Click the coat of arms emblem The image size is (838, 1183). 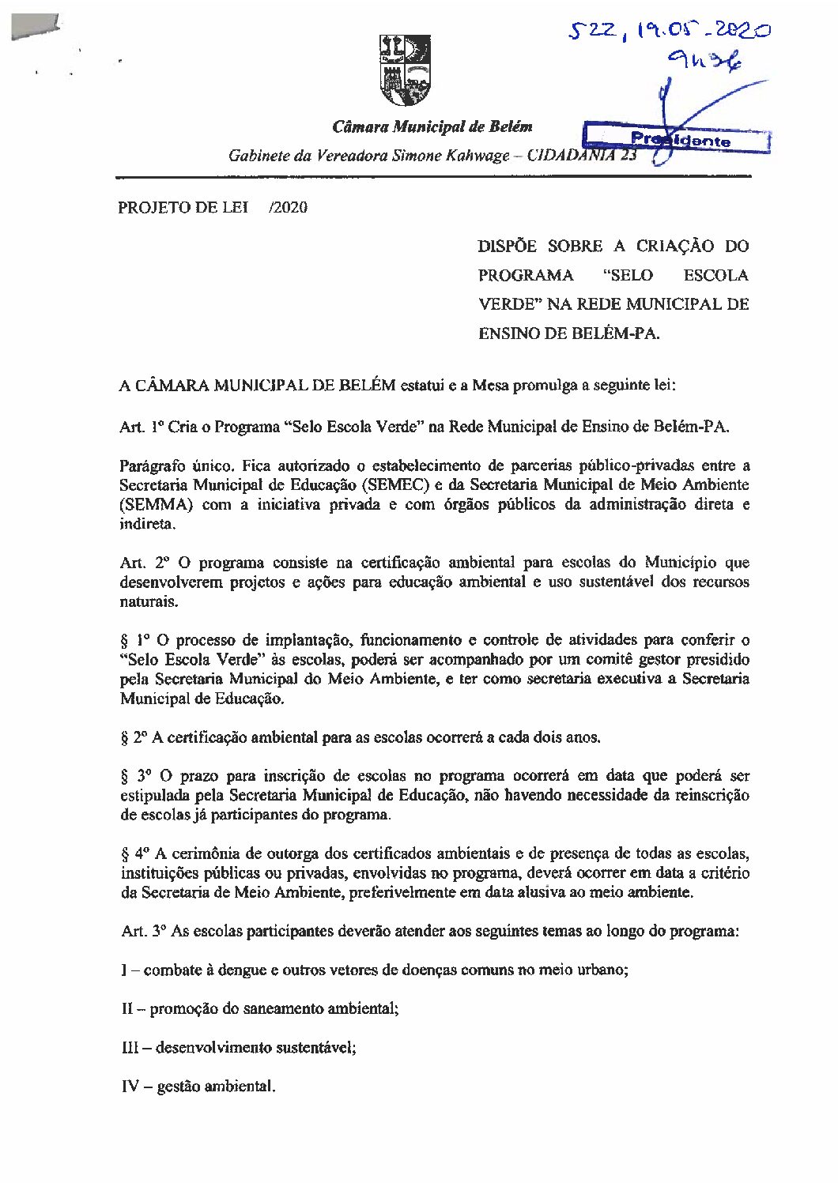pos(406,70)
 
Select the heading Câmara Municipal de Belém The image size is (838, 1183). pos(432,126)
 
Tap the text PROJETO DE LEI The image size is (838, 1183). pos(183,208)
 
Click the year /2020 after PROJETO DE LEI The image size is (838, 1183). pos(288,208)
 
